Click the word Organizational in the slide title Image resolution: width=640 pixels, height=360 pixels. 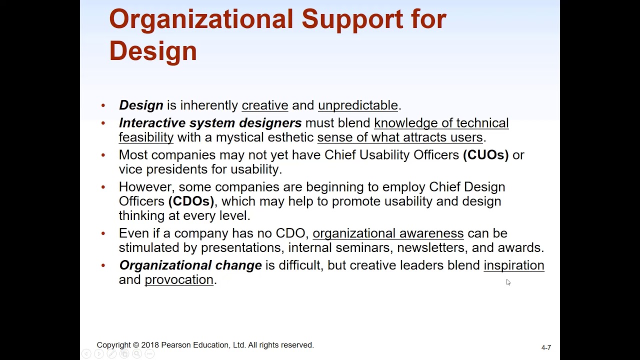201,19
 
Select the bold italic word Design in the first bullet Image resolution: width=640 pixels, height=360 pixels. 141,105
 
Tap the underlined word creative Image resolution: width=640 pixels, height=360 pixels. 264,105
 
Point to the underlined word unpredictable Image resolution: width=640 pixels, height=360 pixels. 357,105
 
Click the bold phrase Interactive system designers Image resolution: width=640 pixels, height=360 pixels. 210,122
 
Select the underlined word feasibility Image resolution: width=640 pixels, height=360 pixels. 146,137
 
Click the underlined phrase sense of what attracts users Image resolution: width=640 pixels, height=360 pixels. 399,137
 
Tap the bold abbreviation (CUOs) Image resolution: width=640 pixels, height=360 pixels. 485,154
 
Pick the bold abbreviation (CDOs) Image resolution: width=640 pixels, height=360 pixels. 191,201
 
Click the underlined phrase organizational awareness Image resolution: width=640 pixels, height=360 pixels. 388,233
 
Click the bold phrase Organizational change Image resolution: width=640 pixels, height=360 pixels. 190,265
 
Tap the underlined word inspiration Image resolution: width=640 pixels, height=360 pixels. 513,265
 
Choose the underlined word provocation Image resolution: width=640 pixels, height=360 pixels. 179,279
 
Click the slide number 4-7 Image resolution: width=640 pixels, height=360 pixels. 546,347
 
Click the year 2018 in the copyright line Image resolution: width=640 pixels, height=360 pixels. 149,345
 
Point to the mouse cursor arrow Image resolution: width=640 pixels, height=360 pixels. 508,282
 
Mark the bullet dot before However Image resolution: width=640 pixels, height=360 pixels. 103,187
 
